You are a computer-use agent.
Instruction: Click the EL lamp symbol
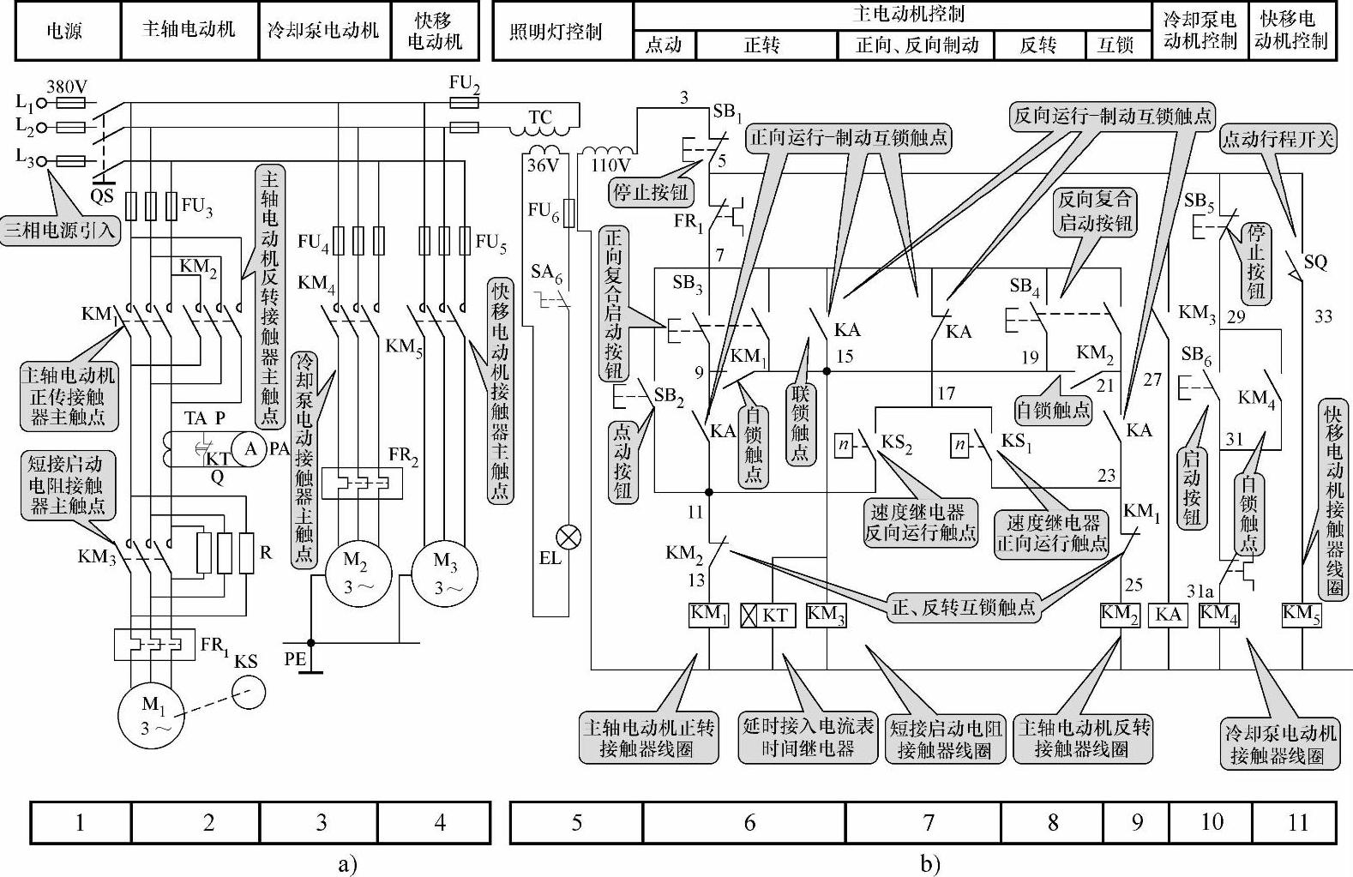pos(568,538)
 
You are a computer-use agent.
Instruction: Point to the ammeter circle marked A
pos(250,449)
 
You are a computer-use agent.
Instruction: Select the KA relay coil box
pos(1168,615)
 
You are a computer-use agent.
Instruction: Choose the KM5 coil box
pos(1301,613)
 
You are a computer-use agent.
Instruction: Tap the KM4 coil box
pos(1218,614)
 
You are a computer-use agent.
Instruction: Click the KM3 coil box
pos(827,614)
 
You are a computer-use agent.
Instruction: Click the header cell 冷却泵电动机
pos(324,31)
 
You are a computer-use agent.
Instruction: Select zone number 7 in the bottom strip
pos(928,823)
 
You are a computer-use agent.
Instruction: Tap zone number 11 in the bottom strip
pos(1297,823)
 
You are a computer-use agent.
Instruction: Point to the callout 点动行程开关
pos(1278,138)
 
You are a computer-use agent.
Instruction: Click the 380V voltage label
pos(66,87)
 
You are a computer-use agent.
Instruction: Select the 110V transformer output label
pos(610,165)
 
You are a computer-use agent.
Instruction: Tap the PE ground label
pos(295,659)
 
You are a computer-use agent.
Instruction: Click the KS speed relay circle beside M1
pos(249,692)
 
